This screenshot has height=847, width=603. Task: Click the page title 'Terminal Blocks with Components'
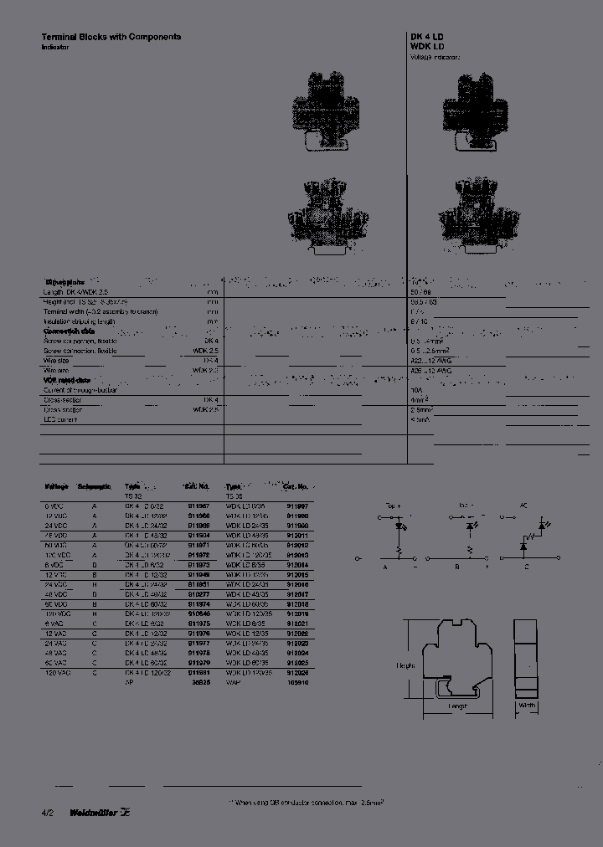[x=111, y=37]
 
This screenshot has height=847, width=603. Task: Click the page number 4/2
[x=46, y=811]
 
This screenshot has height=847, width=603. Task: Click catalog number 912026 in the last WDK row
[x=298, y=672]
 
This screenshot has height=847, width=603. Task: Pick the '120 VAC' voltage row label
[x=55, y=672]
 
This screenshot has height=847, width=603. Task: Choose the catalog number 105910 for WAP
[x=298, y=682]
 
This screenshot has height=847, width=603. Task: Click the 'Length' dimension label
[x=456, y=706]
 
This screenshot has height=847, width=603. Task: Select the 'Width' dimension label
[x=527, y=706]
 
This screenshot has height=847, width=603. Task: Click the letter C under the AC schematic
[x=526, y=566]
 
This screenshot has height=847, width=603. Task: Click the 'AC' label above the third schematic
[x=524, y=506]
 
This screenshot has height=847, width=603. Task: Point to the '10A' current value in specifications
[x=415, y=390]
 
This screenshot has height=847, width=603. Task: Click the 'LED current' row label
[x=60, y=418]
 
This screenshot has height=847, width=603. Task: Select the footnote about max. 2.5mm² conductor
[x=307, y=801]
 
